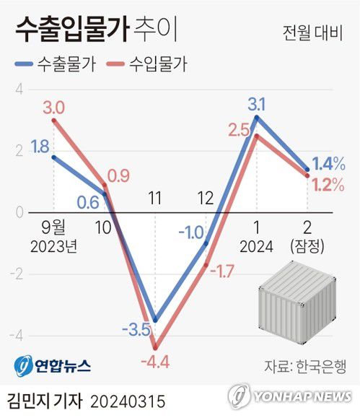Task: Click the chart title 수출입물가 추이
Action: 94,31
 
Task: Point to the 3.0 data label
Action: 53,108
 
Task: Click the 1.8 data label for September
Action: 40,148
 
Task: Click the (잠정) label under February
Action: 309,247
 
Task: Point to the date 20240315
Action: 128,399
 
